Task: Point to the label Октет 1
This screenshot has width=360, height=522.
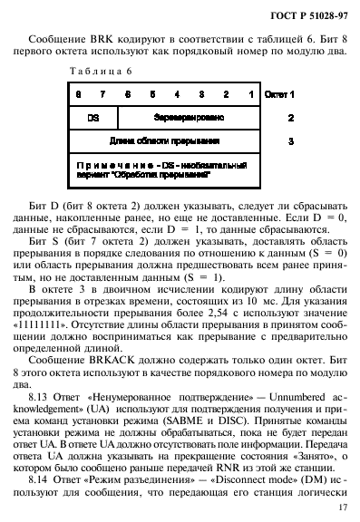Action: tap(280, 93)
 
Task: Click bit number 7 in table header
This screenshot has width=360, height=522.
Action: tap(102, 93)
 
